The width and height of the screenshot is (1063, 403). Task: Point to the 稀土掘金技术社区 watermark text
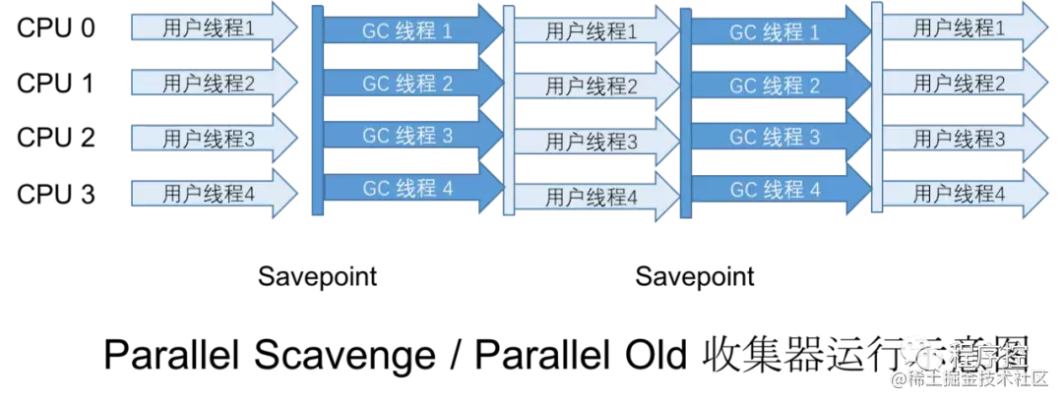tap(974, 378)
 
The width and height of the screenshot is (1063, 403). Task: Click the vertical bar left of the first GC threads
tap(317, 108)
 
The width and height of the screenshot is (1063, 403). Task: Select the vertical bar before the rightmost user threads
tap(875, 108)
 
